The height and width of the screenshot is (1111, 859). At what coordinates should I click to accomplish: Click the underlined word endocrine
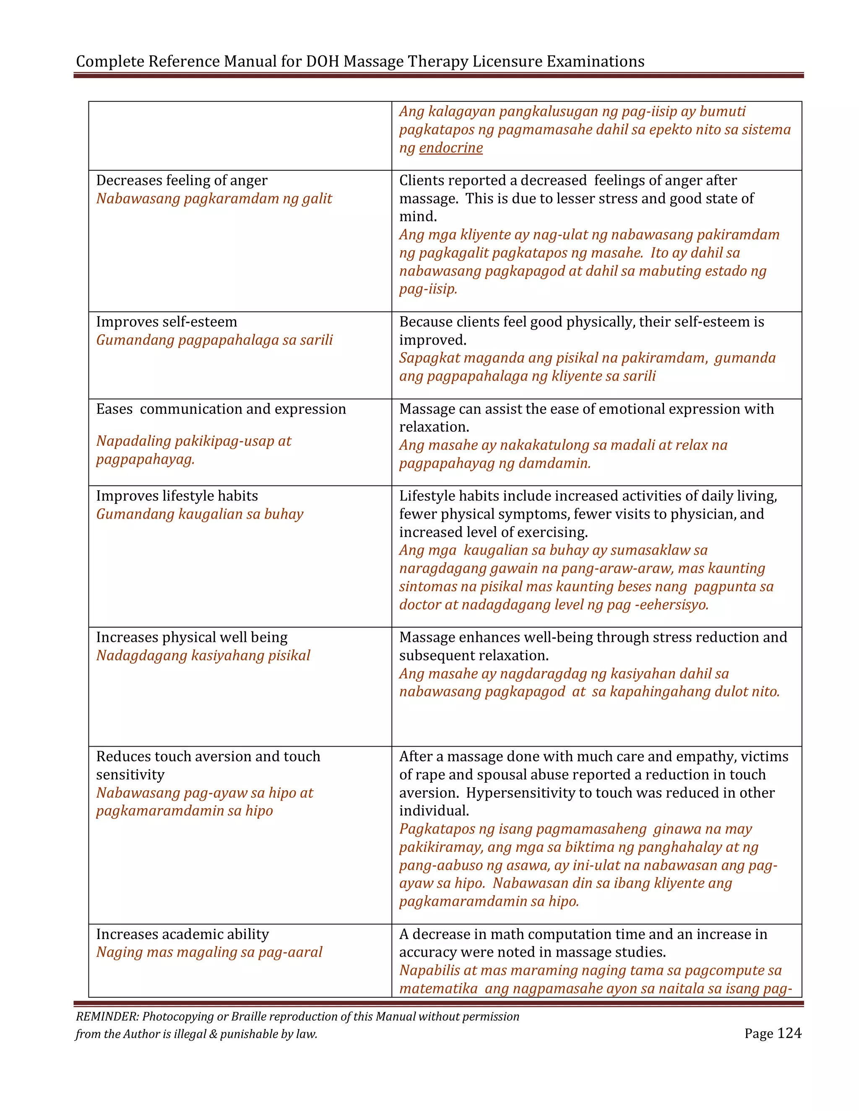[450, 148]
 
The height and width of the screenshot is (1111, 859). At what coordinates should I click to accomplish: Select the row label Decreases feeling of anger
[182, 181]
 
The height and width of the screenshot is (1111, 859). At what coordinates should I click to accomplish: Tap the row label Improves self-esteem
[167, 322]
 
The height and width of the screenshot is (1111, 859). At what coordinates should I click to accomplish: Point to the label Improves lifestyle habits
[177, 496]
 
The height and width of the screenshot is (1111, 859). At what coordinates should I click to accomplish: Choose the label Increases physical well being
[192, 637]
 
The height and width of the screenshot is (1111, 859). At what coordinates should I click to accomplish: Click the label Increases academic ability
[182, 934]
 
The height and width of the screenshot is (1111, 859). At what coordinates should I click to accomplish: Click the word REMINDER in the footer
[107, 1016]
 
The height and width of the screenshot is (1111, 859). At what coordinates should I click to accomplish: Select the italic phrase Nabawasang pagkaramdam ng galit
[214, 199]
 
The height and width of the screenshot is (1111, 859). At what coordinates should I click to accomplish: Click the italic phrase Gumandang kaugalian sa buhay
[200, 514]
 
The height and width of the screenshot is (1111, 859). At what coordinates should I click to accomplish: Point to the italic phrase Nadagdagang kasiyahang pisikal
[203, 656]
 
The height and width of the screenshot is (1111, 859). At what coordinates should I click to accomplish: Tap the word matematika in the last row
[438, 989]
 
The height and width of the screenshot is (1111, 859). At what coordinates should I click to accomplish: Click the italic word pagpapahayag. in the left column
[146, 460]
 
